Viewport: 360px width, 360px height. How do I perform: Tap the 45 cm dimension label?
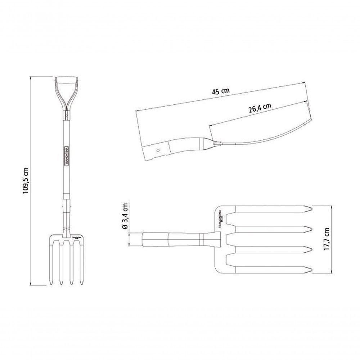pos(220,91)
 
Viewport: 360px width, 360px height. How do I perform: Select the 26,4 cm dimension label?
pos(260,108)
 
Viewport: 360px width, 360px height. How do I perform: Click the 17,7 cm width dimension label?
pos(327,240)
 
